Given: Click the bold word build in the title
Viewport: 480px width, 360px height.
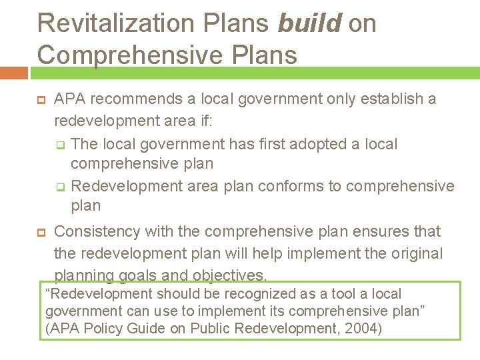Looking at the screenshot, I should tap(310, 23).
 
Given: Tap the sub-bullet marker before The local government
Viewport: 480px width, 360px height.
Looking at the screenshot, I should tap(59, 145).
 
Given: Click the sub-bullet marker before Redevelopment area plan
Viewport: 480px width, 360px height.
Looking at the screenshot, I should tap(59, 186).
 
